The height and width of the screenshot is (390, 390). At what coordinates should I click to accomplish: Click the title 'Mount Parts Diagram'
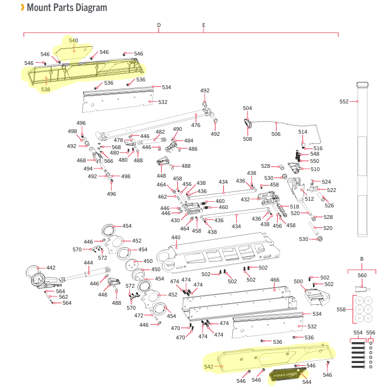(x=67, y=8)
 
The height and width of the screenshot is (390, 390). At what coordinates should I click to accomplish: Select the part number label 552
(x=344, y=102)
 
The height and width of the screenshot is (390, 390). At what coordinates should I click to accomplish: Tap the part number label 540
(x=73, y=41)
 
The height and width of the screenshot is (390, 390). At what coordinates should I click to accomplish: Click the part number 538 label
(x=45, y=89)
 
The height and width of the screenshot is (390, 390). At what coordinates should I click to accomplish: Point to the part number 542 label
(x=208, y=366)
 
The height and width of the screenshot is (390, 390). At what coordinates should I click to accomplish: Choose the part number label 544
(x=307, y=382)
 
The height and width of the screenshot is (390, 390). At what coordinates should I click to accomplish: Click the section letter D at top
(x=158, y=25)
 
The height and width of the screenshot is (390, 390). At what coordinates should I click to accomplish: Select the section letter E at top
(x=204, y=25)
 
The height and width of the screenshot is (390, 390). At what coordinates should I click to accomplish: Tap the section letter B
(x=361, y=258)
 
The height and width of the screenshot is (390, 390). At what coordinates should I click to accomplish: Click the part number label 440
(x=175, y=238)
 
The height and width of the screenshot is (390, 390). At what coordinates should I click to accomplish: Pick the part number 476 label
(x=195, y=125)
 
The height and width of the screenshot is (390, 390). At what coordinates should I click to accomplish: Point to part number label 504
(x=247, y=108)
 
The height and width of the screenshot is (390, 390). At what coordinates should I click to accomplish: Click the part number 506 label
(x=276, y=134)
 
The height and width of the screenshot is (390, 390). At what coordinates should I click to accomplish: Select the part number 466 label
(x=274, y=280)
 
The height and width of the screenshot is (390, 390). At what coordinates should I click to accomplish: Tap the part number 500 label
(x=299, y=282)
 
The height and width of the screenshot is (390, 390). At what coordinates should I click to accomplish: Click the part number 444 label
(x=88, y=263)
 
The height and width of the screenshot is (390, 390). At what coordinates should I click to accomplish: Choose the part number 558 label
(x=341, y=310)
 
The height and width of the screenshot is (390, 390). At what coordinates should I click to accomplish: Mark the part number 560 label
(x=362, y=276)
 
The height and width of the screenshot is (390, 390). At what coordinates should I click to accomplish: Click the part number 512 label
(x=309, y=199)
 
